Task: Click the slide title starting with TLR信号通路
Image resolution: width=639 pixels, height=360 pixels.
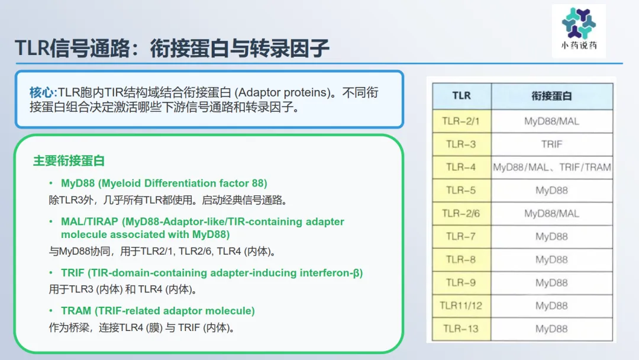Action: pos(172,48)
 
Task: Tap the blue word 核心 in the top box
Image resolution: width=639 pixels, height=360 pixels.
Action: pos(42,92)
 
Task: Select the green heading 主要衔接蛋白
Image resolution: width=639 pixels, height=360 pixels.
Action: pos(69,160)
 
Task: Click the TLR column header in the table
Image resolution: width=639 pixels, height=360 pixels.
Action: pos(461,96)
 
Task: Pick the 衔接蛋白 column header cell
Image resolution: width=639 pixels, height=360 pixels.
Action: pos(552,96)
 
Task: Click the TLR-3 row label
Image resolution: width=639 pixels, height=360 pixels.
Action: pos(461,144)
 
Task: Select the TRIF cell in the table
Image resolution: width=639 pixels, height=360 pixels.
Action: pos(552,144)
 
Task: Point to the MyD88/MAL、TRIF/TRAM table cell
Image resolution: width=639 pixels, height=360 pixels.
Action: pos(552,167)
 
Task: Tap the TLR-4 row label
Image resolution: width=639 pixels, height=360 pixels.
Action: pos(461,167)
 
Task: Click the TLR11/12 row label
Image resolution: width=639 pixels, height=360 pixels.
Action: pos(461,306)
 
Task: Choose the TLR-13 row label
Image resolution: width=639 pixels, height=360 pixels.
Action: pos(461,329)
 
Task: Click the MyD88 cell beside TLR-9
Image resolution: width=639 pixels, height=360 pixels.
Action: pos(552,282)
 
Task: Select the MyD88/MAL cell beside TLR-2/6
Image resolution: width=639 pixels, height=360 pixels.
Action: pos(552,213)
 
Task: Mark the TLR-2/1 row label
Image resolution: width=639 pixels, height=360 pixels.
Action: pos(461,121)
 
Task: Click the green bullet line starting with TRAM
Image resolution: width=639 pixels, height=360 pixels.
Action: pos(158,311)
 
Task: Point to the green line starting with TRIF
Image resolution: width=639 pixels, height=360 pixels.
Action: pos(212,273)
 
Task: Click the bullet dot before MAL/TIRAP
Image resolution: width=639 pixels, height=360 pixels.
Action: pos(51,221)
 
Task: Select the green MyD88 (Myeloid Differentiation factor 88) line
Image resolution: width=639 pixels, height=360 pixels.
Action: pos(164,184)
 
